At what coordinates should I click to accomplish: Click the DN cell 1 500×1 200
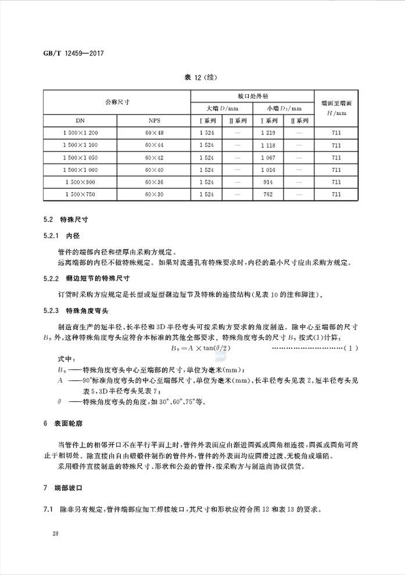point(80,133)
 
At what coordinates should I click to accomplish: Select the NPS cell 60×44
point(154,145)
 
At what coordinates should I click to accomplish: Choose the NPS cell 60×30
point(154,194)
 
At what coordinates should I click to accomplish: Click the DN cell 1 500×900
point(80,182)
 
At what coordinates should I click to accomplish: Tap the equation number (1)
point(351,348)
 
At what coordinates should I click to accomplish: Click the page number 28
point(48,534)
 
